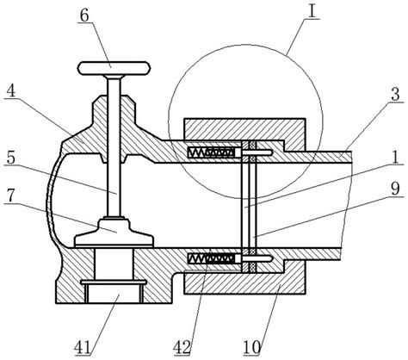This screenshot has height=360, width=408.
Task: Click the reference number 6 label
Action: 84,16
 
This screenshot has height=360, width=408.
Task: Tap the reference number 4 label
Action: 11,91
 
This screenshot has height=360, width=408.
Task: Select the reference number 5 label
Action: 11,158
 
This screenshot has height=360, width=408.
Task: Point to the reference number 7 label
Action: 11,196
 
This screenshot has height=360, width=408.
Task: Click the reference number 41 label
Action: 83,348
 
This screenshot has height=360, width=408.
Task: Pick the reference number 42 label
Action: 182,348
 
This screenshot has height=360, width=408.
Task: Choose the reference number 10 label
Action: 252,348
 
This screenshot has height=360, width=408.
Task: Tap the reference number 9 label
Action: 395,189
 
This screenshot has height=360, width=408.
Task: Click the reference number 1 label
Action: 395,158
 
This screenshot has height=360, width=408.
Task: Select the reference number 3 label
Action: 395,95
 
